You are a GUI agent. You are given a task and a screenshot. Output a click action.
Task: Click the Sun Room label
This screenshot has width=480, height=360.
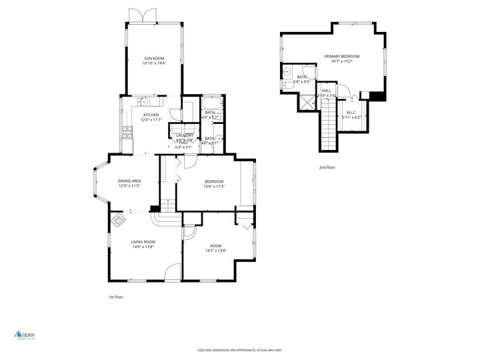(153, 58)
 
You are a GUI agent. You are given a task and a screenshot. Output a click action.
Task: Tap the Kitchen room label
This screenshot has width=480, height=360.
(150, 115)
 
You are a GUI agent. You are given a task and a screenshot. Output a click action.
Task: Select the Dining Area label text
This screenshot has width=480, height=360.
(129, 181)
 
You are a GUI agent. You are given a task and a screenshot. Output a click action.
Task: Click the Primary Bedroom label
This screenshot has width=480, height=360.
(341, 57)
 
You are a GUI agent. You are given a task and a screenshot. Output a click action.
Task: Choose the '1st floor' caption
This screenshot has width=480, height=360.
(115, 297)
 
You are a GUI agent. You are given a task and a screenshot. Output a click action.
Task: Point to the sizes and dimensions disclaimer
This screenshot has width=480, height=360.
(239, 349)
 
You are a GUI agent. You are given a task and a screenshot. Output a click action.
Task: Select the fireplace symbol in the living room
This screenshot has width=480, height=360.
(118, 220)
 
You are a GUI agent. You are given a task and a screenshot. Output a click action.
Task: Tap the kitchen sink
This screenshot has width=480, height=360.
(143, 101)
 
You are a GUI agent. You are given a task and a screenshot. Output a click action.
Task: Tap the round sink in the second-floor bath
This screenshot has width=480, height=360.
(287, 72)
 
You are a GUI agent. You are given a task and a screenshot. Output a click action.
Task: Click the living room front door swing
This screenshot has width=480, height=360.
(172, 271)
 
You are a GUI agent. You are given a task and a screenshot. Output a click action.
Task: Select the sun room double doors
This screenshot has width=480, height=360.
(144, 16)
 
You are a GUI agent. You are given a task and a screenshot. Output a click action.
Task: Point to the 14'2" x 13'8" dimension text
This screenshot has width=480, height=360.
(215, 250)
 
